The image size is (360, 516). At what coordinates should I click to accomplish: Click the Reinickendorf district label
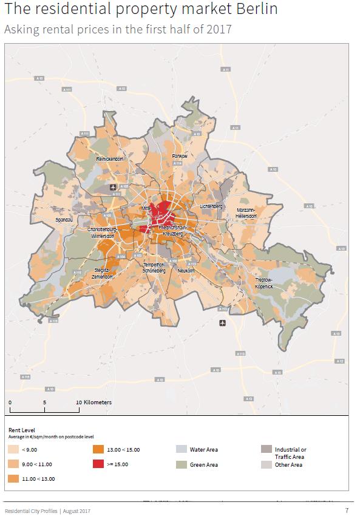tap(109, 158)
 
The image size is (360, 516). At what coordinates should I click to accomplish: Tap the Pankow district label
tap(180, 156)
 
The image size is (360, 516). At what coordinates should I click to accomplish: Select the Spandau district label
tap(64, 219)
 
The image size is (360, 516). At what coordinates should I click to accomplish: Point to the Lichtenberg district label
tap(211, 207)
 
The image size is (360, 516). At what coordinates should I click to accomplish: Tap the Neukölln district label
tap(187, 270)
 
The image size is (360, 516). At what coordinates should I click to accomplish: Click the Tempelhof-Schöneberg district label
tap(154, 268)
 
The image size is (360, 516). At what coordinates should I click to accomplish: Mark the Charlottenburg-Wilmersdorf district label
tap(102, 233)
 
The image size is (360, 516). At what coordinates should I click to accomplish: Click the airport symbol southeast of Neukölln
tap(222, 322)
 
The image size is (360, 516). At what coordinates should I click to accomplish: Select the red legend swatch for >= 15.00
tap(98, 464)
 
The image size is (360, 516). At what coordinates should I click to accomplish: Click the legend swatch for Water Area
tap(181, 450)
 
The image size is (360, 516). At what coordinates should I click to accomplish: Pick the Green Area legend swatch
tap(181, 464)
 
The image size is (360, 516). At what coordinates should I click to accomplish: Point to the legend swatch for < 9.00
tap(13, 450)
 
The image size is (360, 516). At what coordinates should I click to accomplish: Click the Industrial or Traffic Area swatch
tap(265, 450)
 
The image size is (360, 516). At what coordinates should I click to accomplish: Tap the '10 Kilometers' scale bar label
tap(93, 402)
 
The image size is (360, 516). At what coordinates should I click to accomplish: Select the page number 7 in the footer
tap(347, 511)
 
